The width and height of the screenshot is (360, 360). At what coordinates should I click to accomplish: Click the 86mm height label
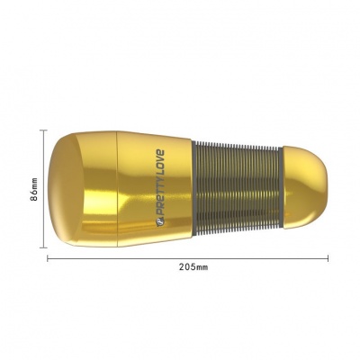coord(35,189)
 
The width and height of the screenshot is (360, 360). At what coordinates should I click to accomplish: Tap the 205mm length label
coord(193,266)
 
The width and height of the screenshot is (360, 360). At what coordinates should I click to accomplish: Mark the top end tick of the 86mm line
coord(43,130)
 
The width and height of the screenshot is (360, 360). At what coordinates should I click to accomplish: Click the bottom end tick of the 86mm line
coord(43,247)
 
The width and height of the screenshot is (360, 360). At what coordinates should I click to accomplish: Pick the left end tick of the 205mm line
coord(48,258)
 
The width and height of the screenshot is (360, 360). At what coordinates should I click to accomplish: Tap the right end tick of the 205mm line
coord(328,258)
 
